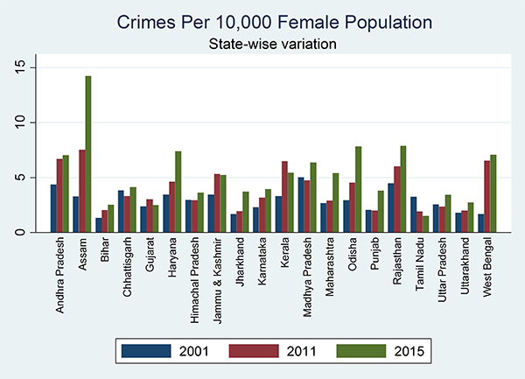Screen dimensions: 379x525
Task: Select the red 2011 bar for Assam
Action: (81, 191)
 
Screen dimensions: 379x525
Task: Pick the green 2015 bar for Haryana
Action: (178, 192)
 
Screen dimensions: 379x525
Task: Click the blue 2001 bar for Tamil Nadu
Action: (413, 214)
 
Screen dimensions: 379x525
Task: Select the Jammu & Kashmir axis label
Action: (215, 270)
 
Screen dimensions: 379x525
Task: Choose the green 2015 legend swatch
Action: (355, 352)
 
